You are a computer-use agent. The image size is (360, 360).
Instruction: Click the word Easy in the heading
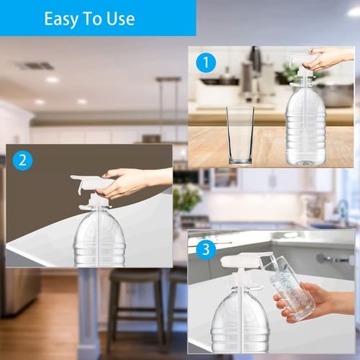[63, 19]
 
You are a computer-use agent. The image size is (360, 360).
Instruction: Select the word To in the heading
[94, 19]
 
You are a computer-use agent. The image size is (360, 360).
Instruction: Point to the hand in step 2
[130, 183]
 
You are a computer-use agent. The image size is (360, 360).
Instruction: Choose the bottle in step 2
[99, 238]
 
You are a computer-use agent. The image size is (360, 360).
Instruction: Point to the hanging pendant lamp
[168, 81]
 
